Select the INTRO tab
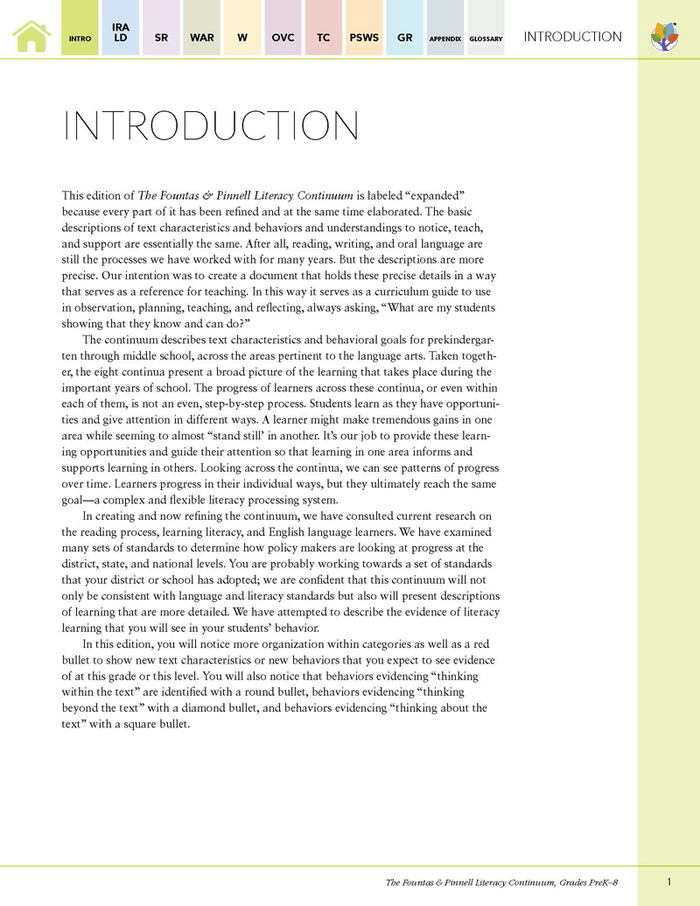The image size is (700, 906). pos(80,39)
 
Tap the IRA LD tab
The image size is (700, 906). pos(121,33)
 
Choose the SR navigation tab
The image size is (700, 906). pos(161,38)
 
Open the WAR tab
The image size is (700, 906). pos(201,38)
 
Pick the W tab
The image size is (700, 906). pos(242,38)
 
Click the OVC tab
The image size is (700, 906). pos(283,38)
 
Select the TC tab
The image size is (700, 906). pos(323,38)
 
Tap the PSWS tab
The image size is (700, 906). pos(363,38)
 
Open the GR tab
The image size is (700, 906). pos(404,38)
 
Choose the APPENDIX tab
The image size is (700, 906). pos(444,39)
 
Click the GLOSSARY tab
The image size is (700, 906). pos(486,39)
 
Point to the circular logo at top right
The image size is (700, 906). pos(665,37)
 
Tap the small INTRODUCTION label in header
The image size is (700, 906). pos(572,37)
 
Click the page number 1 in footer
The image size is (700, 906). pos(668,881)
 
